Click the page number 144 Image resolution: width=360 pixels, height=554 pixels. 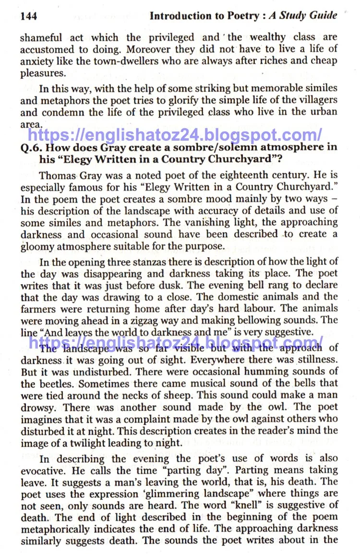point(28,16)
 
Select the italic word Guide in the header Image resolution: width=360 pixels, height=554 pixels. point(321,16)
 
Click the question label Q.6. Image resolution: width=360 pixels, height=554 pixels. point(31,147)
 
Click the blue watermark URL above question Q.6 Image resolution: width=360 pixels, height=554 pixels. point(175,134)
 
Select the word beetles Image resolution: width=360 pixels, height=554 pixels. point(55,384)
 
